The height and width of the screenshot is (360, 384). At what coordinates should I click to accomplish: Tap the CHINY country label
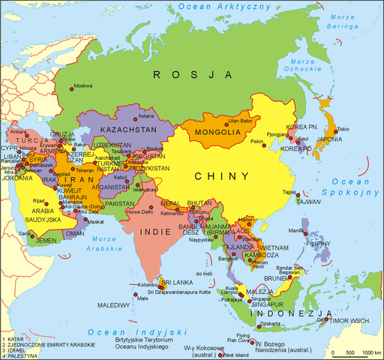click(223, 176)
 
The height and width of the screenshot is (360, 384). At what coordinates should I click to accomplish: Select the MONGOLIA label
click(217, 133)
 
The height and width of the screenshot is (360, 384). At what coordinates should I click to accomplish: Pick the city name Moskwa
click(85, 86)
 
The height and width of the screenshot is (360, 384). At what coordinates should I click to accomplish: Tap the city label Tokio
click(342, 129)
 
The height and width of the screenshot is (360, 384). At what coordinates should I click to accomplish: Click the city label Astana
click(146, 116)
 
